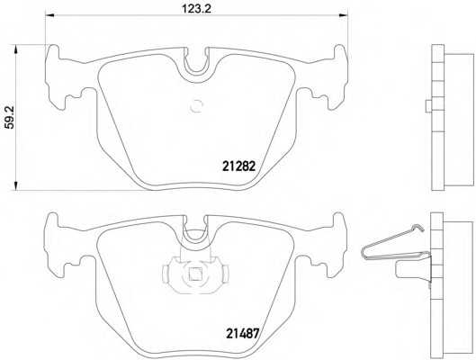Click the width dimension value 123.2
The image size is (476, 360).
click(x=196, y=9)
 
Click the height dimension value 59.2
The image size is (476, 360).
click(x=10, y=118)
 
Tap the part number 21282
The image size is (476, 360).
click(x=239, y=166)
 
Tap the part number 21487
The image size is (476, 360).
click(x=242, y=334)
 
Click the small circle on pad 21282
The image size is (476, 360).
click(x=196, y=106)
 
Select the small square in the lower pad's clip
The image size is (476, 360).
click(x=195, y=274)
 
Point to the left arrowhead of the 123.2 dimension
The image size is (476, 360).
click(x=49, y=15)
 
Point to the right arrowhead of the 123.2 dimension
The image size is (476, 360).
click(x=344, y=15)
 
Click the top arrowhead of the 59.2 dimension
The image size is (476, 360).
click(x=16, y=49)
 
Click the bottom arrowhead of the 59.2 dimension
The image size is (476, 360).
click(x=16, y=186)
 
